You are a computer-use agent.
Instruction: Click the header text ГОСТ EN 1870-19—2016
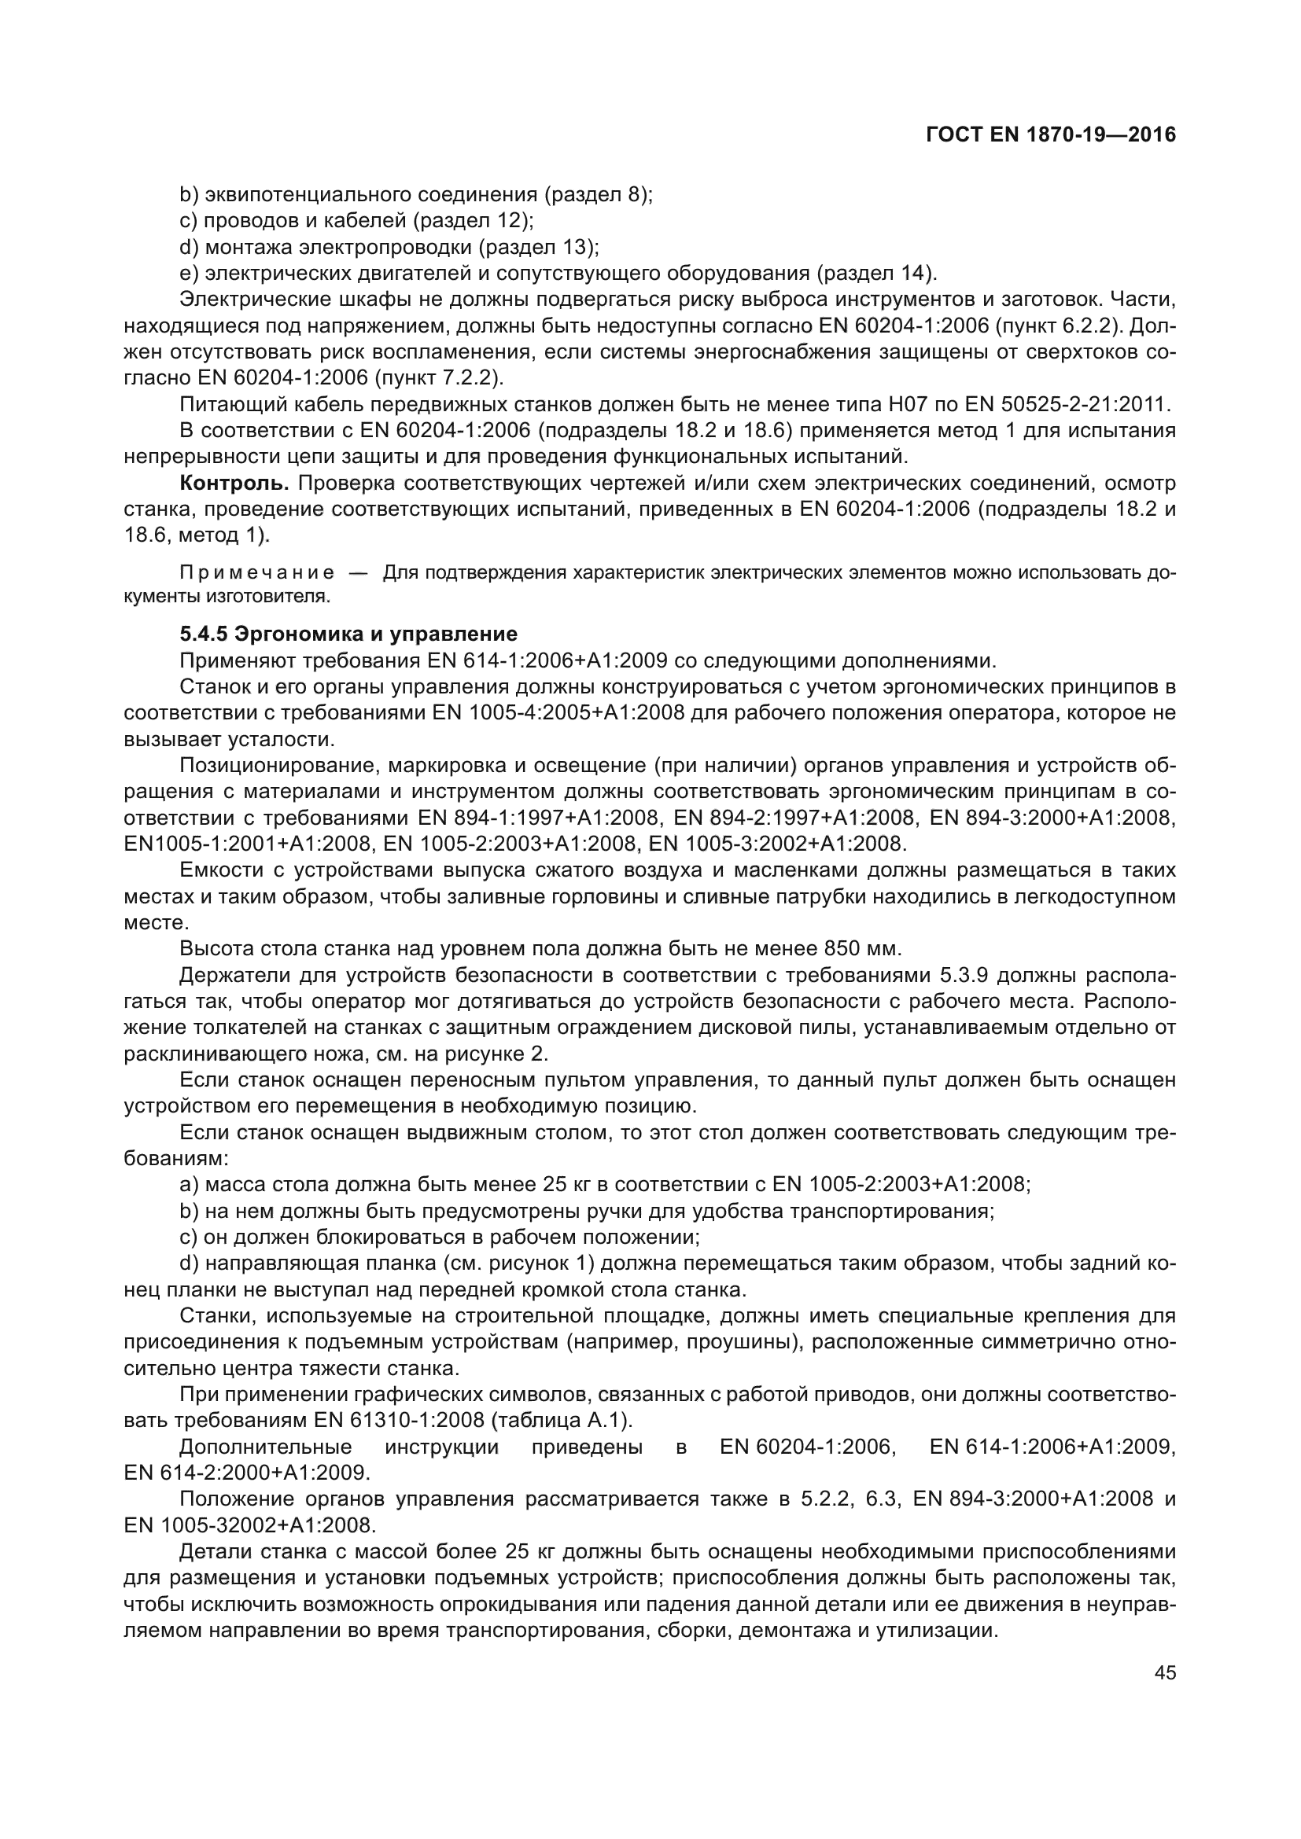click(x=1050, y=134)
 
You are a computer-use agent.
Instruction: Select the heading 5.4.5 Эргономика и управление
click(x=348, y=634)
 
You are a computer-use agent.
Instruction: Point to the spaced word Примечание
click(x=257, y=572)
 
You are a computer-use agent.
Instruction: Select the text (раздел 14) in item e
click(x=875, y=273)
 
